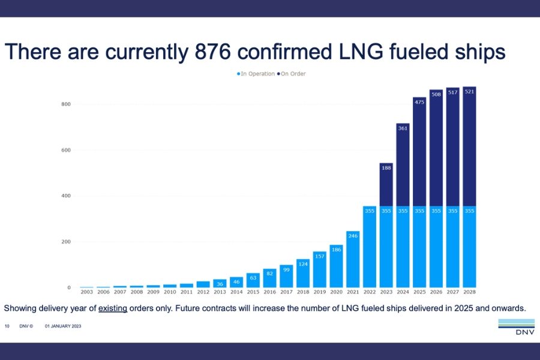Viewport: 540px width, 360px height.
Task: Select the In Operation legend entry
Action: coord(256,74)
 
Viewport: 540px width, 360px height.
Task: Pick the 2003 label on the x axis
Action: coord(87,292)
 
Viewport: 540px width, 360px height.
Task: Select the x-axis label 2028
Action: coord(469,292)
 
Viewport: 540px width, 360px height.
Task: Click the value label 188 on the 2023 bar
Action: coord(386,167)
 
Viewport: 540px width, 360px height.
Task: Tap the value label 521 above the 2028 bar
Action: coord(469,91)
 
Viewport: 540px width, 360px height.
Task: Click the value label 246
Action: coord(353,236)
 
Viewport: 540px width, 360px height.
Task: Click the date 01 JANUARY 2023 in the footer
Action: coord(63,326)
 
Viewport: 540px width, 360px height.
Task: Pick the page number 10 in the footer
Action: coord(7,326)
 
